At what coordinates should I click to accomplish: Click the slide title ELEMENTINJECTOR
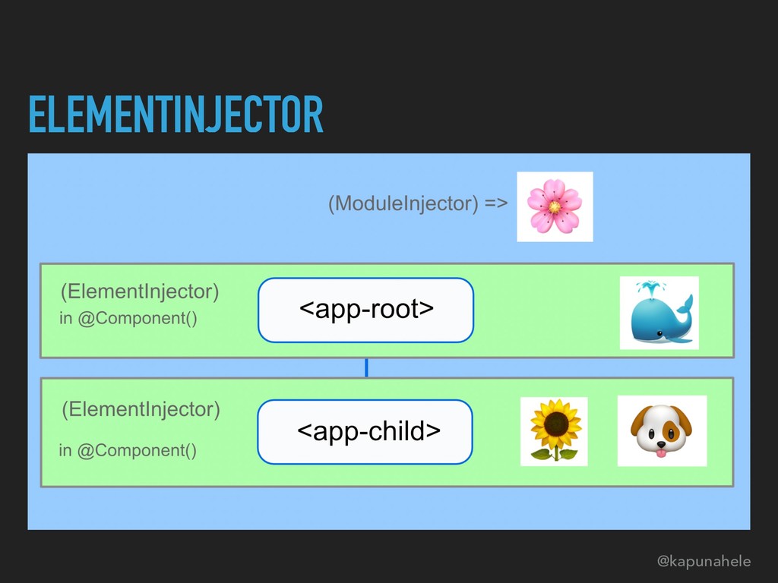(176, 115)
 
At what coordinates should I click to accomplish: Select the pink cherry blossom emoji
(555, 206)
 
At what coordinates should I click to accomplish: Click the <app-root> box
(365, 310)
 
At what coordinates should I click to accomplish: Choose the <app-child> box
(365, 432)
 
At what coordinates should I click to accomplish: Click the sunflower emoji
(554, 430)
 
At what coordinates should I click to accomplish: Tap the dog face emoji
(662, 430)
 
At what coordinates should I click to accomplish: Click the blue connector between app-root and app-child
(366, 368)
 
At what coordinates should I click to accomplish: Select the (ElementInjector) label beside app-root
(141, 291)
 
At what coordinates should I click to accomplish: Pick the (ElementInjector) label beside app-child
(141, 411)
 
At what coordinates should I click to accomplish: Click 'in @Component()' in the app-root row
(128, 318)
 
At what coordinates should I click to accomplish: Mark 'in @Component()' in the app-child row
(128, 451)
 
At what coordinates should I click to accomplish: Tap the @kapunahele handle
(704, 562)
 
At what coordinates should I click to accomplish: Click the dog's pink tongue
(661, 453)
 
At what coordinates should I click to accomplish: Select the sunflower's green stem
(555, 453)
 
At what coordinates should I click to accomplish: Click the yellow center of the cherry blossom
(555, 206)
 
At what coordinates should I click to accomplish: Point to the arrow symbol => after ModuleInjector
(494, 203)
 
